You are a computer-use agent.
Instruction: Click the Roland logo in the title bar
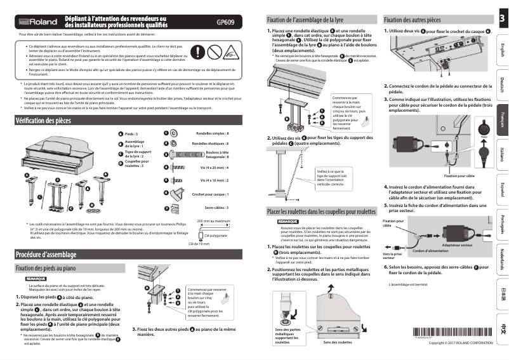39,22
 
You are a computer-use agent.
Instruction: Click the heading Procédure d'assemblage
46,255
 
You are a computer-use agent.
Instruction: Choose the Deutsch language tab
502,84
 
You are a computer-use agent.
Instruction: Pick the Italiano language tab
502,154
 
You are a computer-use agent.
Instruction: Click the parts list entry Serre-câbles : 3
216,208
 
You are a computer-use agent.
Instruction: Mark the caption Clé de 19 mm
199,243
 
